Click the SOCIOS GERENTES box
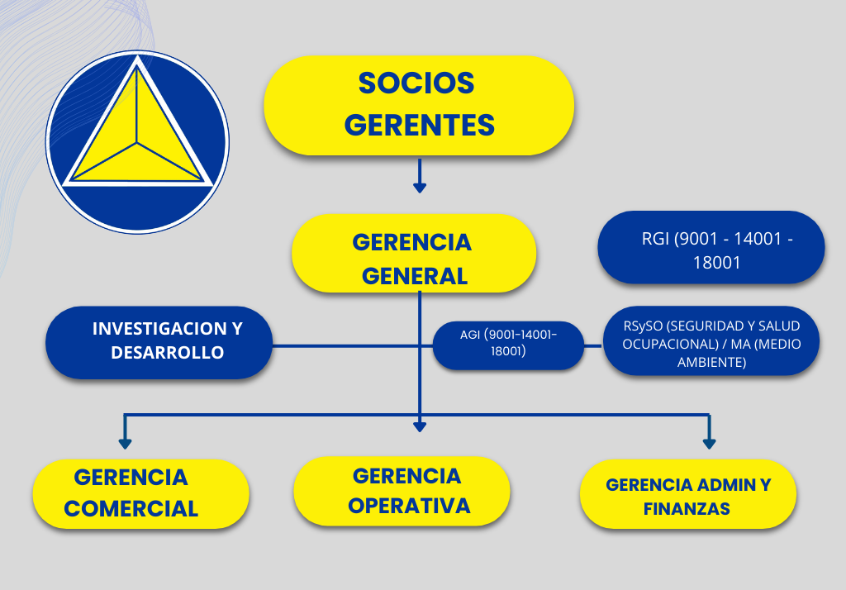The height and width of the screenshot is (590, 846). point(419,105)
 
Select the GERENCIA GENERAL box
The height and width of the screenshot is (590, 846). point(414,253)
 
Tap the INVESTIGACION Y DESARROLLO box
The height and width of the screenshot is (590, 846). point(159,342)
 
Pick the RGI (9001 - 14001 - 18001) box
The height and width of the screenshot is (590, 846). point(711,247)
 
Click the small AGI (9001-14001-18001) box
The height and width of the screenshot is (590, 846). point(508,345)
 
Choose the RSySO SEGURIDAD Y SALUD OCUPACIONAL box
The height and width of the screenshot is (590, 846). point(711,340)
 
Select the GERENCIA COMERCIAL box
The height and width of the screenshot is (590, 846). point(140,493)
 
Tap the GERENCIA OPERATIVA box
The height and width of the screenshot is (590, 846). point(402,491)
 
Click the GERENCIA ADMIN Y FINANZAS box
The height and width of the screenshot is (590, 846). point(688,494)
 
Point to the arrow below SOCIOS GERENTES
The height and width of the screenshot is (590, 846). point(420,176)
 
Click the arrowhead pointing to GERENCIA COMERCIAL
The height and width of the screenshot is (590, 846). point(126,443)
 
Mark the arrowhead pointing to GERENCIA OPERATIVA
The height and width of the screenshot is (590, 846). point(420,426)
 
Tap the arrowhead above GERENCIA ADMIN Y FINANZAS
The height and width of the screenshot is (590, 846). point(709,443)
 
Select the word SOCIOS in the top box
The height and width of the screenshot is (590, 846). point(416,83)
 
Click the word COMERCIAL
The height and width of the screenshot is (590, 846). point(131,508)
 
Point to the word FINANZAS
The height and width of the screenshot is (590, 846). point(687,508)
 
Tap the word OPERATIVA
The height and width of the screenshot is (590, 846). point(409,506)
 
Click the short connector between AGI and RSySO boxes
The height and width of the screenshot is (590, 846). point(593,345)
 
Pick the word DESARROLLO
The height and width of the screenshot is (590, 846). point(167,353)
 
